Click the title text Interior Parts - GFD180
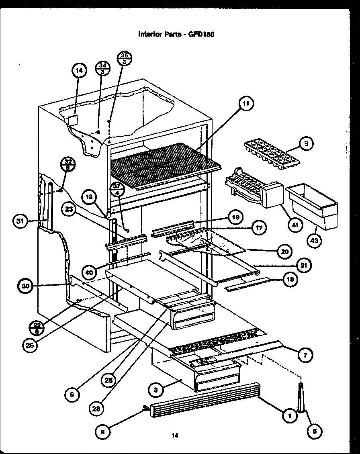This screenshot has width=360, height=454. click(x=176, y=34)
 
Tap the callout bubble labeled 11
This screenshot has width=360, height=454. click(x=245, y=104)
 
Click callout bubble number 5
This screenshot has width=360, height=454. click(x=314, y=432)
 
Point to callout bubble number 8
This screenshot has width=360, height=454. click(x=103, y=432)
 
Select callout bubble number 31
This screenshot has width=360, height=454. click(x=20, y=221)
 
